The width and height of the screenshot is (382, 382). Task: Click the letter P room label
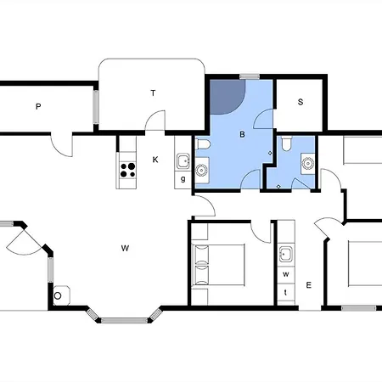(38, 107)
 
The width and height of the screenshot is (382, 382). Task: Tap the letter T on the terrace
(154, 93)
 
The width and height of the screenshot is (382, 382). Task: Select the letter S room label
(301, 102)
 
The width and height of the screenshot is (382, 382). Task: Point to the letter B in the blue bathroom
(242, 134)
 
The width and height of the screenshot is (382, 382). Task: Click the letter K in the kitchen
(155, 160)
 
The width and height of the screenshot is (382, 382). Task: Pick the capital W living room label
(124, 248)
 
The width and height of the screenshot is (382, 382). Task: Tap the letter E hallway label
(309, 284)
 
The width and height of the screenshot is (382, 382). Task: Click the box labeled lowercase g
(183, 179)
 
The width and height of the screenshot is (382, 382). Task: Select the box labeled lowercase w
(286, 275)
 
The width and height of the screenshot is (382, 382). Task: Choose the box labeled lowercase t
(286, 292)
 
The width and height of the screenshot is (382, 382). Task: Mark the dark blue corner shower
(224, 97)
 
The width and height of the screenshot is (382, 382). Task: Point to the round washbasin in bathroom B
(201, 171)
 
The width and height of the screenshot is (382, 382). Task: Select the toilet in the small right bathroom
(289, 144)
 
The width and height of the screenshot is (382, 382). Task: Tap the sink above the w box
(286, 253)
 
